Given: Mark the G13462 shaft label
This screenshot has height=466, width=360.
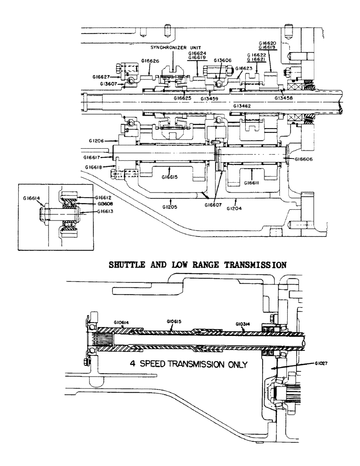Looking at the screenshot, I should pos(242,106).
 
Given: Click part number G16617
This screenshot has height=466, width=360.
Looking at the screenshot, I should pos(96,158).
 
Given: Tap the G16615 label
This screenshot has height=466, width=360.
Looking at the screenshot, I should pos(171,177).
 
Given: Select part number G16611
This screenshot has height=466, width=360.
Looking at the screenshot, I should pos(251,183).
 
